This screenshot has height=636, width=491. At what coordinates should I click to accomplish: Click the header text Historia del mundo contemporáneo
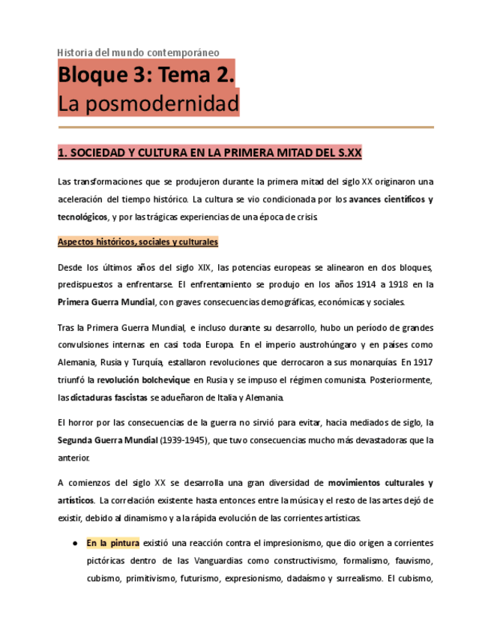point(139,52)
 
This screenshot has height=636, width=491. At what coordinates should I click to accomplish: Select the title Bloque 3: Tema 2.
point(146,76)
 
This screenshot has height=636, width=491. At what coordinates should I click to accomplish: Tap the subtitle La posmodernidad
point(148,103)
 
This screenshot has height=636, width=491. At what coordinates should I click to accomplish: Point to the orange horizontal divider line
point(245,127)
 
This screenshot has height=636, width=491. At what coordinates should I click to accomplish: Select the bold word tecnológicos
point(82,217)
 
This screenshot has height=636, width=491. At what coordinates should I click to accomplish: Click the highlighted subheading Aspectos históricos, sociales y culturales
point(138,242)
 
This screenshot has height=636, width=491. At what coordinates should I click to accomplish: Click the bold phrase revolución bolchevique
point(143,379)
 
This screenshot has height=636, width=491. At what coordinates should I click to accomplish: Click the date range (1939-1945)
point(184,440)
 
